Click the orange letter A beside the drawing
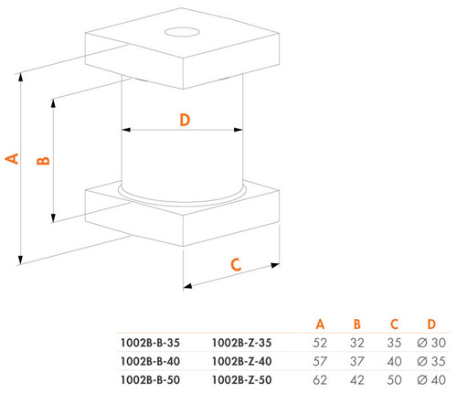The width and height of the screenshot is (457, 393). pyautogui.click(x=12, y=159)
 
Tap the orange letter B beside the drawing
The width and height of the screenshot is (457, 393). pyautogui.click(x=43, y=161)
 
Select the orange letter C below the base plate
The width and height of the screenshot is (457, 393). pyautogui.click(x=236, y=264)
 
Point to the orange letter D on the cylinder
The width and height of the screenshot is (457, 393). pyautogui.click(x=185, y=120)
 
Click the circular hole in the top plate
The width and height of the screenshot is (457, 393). pyautogui.click(x=182, y=32)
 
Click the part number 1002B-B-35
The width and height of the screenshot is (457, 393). pyautogui.click(x=150, y=343)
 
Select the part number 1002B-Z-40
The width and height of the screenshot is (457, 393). pyautogui.click(x=241, y=362)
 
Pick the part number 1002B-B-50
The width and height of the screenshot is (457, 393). pyautogui.click(x=150, y=380)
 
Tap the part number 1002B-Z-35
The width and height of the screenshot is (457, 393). pyautogui.click(x=241, y=343)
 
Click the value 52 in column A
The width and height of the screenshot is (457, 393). pyautogui.click(x=320, y=343)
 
